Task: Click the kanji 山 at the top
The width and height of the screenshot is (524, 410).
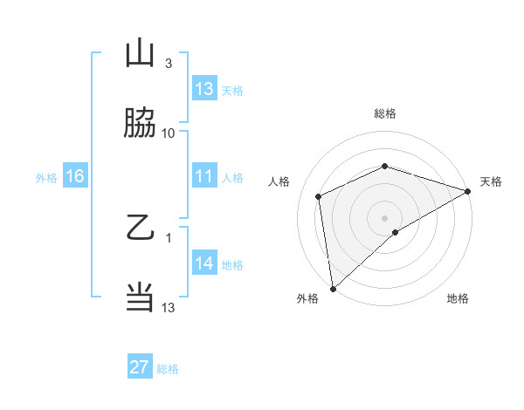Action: click(x=140, y=54)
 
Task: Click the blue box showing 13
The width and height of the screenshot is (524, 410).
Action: click(x=204, y=89)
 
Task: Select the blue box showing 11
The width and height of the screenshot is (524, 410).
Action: click(x=204, y=176)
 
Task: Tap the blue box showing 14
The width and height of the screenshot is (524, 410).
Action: click(x=204, y=263)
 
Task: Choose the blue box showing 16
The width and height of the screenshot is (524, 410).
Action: click(x=75, y=176)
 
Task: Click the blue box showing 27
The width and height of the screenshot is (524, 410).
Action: click(x=140, y=367)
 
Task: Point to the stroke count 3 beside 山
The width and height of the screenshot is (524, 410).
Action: click(x=169, y=64)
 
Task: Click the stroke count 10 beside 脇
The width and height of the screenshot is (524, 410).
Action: click(x=169, y=133)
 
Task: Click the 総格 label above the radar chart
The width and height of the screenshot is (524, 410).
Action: click(x=384, y=113)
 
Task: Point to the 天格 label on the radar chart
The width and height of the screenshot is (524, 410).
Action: click(x=491, y=181)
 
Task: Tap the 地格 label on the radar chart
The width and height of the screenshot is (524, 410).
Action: click(x=458, y=299)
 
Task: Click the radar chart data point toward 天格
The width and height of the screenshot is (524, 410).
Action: click(x=468, y=191)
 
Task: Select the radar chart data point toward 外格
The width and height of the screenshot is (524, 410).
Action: click(x=333, y=288)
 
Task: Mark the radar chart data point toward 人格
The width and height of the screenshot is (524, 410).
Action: click(x=319, y=196)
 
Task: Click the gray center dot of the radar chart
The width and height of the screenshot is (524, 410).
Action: click(x=384, y=217)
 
